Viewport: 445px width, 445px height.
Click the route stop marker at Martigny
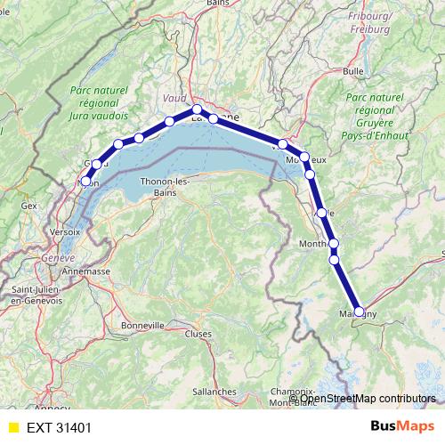(359, 311)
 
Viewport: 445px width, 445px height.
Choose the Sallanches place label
(214, 391)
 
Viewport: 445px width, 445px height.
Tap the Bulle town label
(353, 70)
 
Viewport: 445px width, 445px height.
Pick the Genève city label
(58, 257)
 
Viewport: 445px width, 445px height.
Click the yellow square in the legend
(13, 428)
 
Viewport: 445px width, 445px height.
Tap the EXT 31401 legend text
(59, 428)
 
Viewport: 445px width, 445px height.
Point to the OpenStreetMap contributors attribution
(368, 398)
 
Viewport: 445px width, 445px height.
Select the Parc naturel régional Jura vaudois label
(99, 102)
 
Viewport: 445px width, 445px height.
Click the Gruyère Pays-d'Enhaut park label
(374, 116)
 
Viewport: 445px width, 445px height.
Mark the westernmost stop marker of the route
(86, 182)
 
